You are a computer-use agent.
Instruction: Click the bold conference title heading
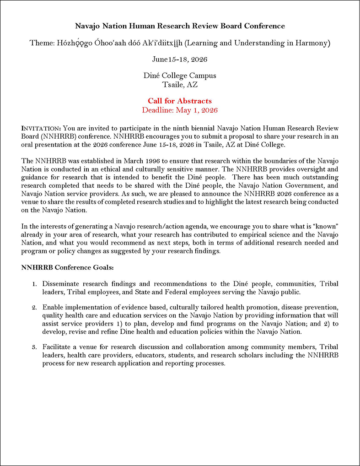[x=180, y=26]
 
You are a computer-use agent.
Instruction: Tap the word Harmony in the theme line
[x=314, y=43]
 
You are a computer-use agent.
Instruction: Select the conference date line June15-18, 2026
[x=180, y=59]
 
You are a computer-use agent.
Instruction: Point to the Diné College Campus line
[x=180, y=76]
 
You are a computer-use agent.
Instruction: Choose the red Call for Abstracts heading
[x=180, y=101]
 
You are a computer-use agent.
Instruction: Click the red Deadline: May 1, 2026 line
[x=180, y=110]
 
